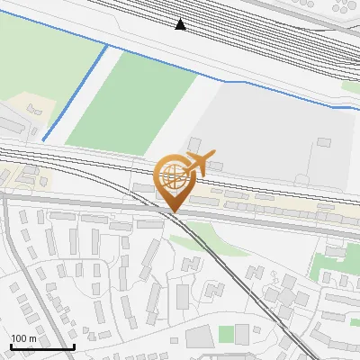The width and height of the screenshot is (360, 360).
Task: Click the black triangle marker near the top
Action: pos(181,24)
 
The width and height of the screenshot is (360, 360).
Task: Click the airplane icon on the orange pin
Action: pos(201,162)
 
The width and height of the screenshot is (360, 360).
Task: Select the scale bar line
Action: pos(42,347)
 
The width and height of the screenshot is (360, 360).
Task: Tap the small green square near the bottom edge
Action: pos(226,334)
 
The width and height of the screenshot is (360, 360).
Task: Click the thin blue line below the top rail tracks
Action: pos(270,91)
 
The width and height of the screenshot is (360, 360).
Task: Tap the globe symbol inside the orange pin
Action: pos(172,172)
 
